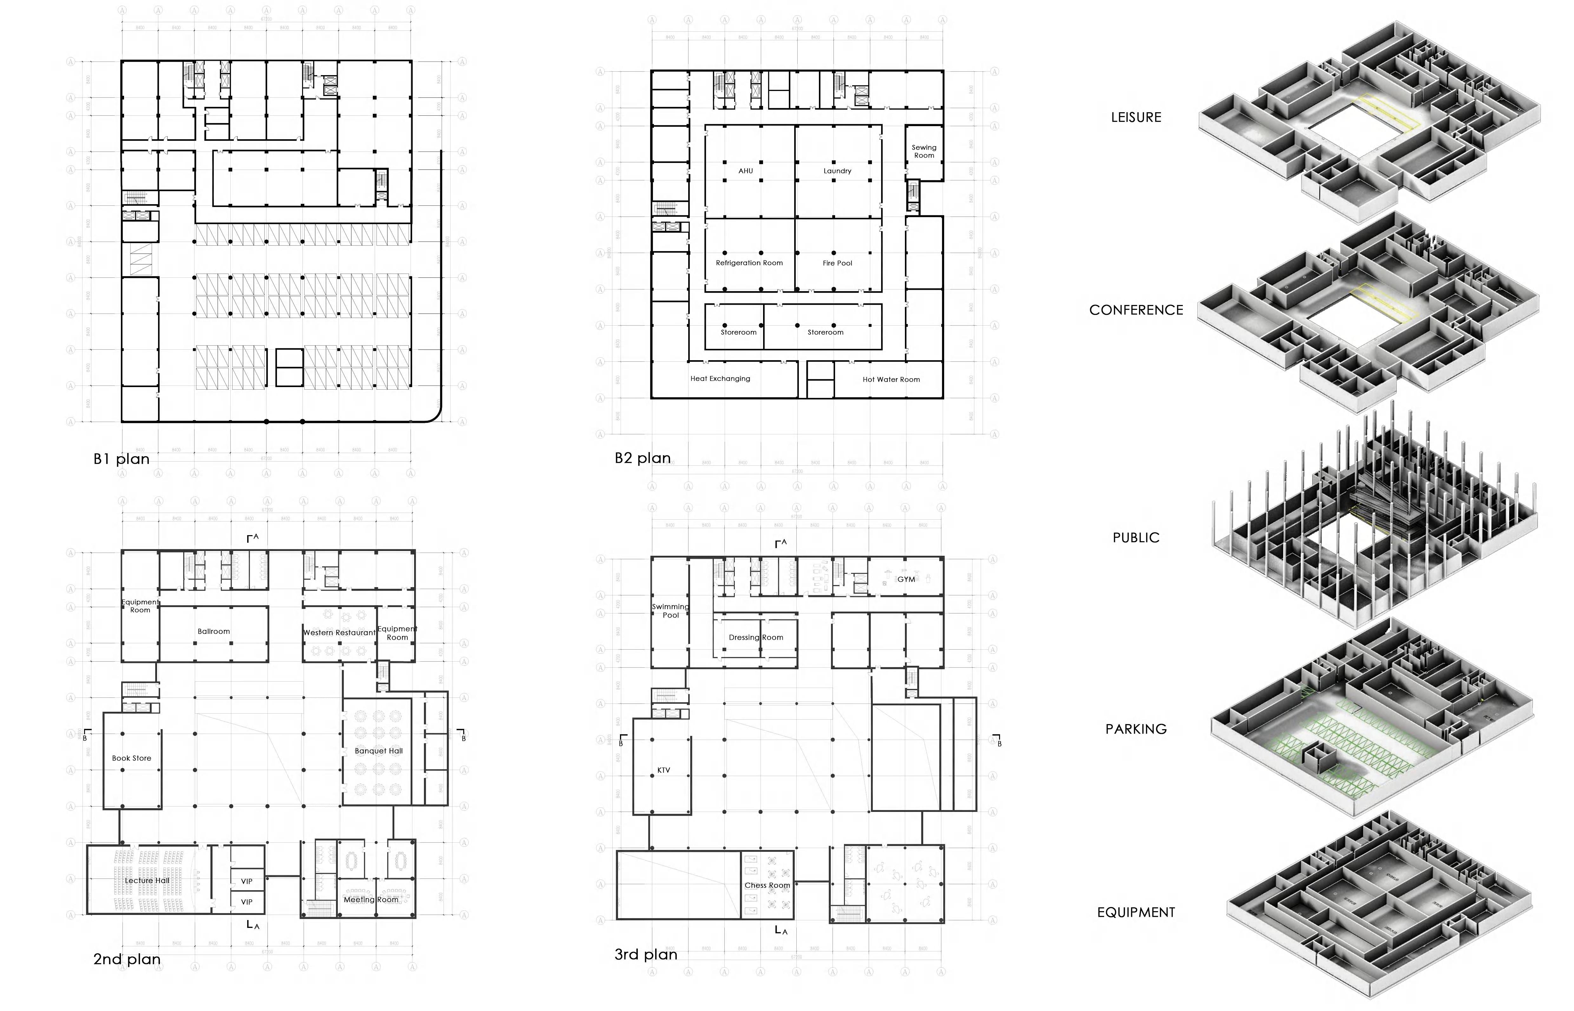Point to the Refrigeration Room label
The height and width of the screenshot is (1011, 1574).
click(x=749, y=262)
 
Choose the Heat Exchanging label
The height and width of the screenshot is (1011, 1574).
click(x=720, y=379)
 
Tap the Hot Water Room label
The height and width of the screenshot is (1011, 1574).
click(x=891, y=379)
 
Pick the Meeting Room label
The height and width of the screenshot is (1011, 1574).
click(x=371, y=899)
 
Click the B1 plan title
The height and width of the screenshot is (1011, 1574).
click(x=122, y=459)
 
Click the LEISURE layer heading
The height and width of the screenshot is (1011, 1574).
click(x=1136, y=118)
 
